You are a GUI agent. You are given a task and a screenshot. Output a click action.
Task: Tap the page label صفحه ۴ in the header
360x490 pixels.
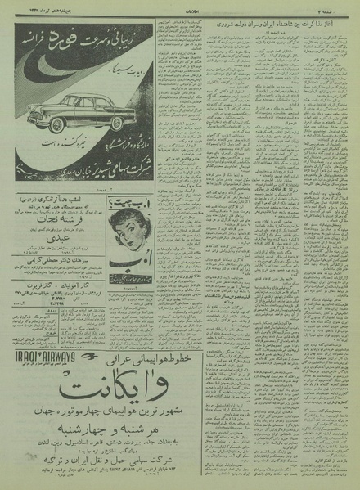pyautogui.click(x=340, y=7)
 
